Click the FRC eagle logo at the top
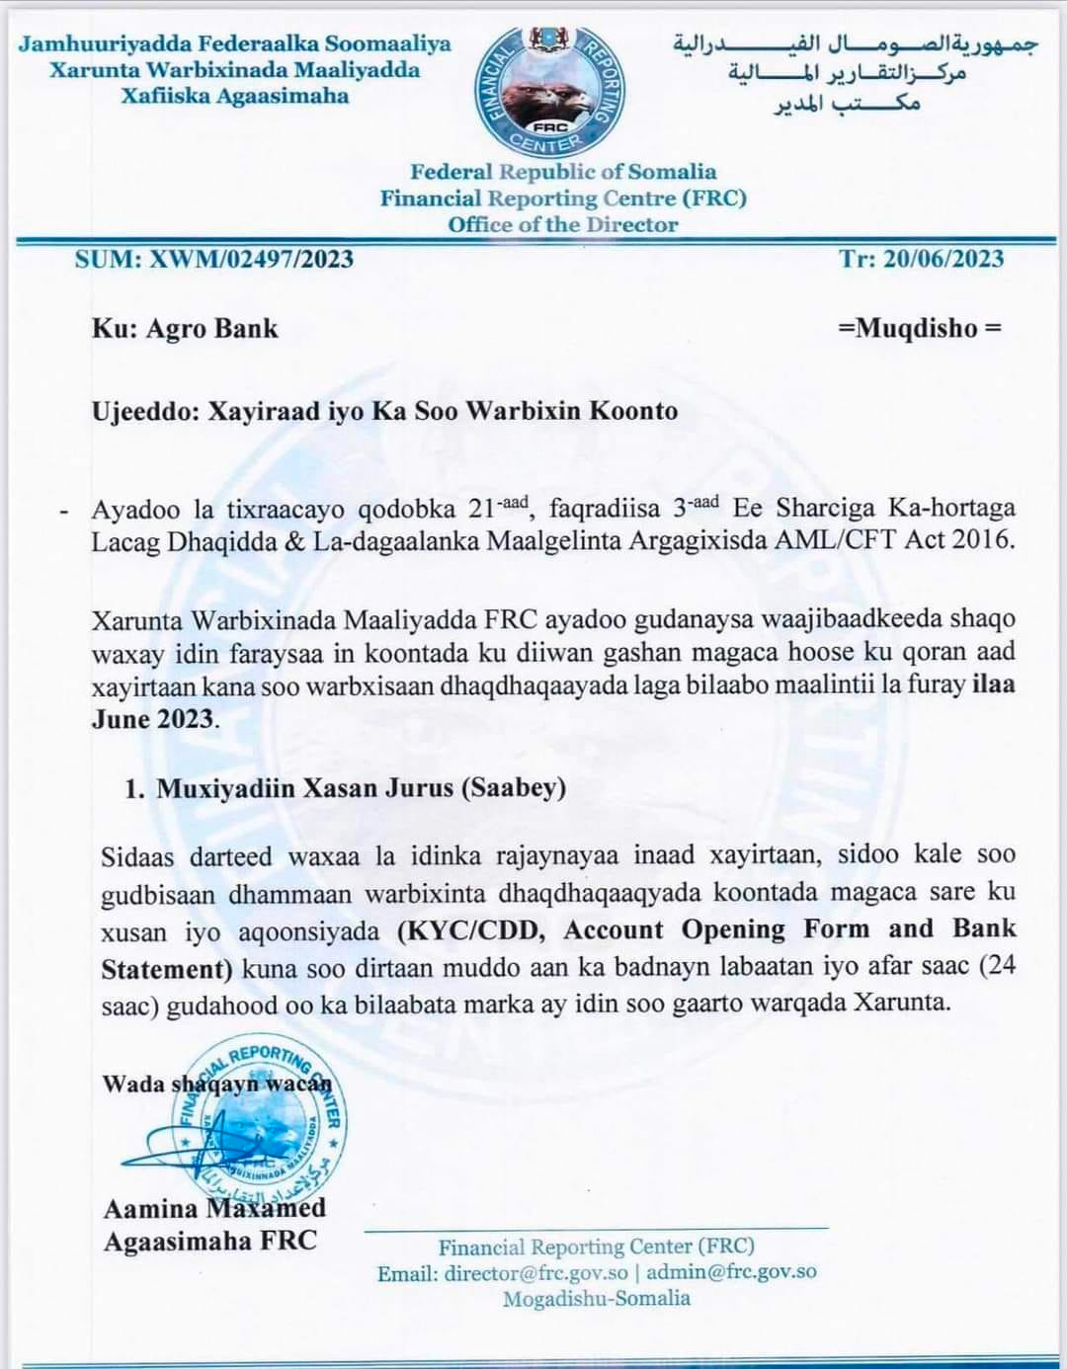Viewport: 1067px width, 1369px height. click(x=549, y=91)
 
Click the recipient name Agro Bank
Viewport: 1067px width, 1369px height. click(x=211, y=329)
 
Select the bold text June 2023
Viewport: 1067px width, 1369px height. click(x=152, y=718)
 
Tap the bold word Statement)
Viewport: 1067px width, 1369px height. click(x=166, y=968)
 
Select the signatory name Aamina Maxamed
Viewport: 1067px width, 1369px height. click(x=214, y=1208)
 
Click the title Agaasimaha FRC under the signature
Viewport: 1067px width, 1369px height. click(x=210, y=1241)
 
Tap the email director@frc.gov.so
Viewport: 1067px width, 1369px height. click(x=535, y=1272)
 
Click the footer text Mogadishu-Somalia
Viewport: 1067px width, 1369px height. click(x=597, y=1299)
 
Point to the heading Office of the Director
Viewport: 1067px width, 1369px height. click(x=563, y=224)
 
